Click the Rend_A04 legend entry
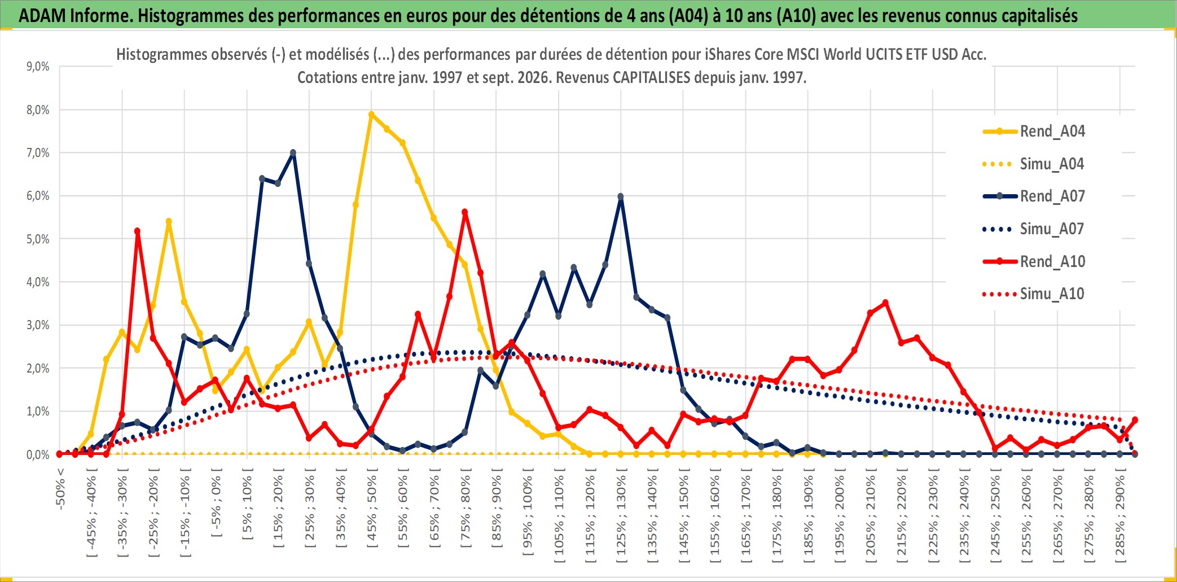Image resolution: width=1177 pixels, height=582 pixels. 1034,132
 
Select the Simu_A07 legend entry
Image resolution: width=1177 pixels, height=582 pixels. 1034,229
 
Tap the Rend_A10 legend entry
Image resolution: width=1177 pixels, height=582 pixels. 1034,262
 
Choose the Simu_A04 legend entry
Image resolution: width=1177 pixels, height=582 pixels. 1034,164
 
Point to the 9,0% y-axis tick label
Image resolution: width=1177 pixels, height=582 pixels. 38,67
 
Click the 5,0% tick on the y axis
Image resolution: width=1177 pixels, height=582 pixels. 38,239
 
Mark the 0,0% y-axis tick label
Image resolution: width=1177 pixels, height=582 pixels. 38,454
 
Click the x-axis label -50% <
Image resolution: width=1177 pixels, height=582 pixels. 60,489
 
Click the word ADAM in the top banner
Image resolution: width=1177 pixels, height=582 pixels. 42,16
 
